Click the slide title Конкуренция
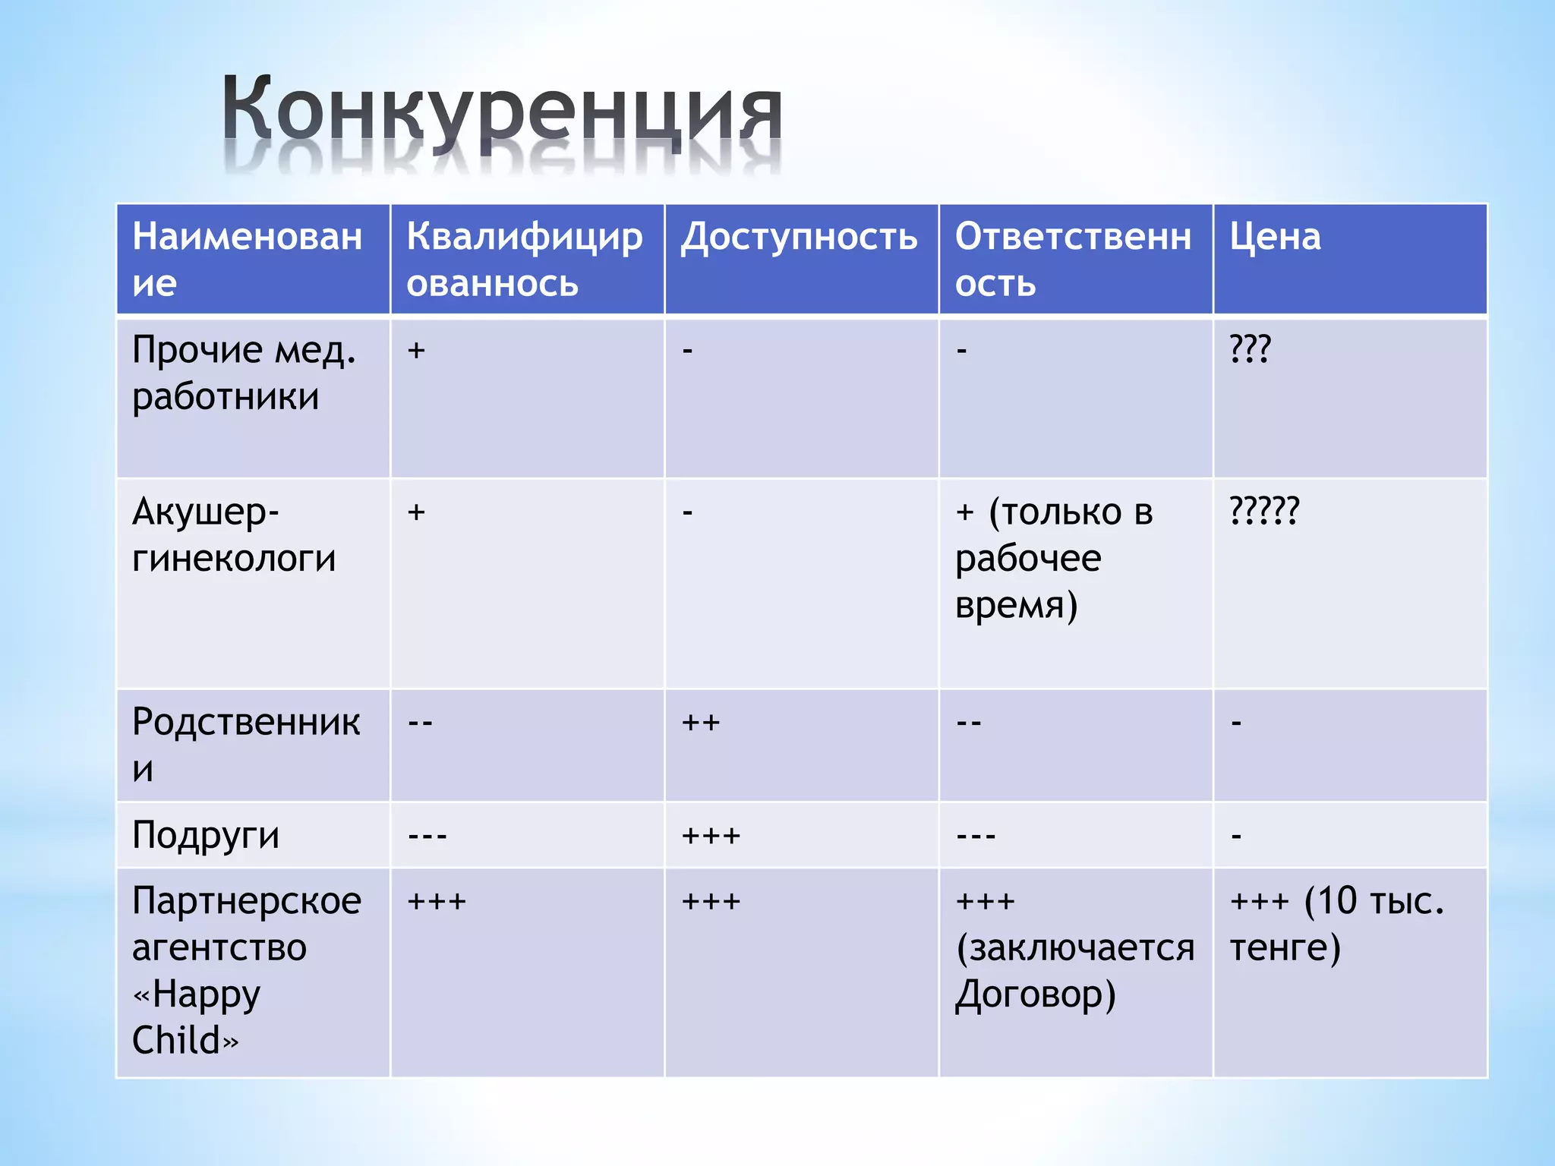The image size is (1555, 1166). [501, 114]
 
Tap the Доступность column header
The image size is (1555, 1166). [799, 237]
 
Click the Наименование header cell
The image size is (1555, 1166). [247, 259]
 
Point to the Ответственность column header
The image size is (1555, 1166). [1073, 259]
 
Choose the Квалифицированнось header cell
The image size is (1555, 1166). [524, 259]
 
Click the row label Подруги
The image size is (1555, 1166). [206, 835]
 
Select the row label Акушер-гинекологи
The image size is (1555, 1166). [233, 535]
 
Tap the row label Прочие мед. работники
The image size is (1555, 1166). [243, 373]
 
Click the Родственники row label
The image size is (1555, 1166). [245, 745]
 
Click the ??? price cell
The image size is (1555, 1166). [1250, 349]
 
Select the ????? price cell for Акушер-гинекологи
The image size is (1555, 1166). [1264, 510]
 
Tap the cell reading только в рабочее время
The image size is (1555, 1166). [1054, 559]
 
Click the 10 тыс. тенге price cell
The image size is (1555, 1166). [1336, 924]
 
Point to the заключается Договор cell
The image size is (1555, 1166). [1073, 947]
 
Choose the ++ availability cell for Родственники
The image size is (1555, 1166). [700, 722]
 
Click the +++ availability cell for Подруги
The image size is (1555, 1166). [711, 836]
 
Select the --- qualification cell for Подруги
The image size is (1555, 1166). [427, 836]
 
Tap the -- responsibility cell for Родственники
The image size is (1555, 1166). [969, 722]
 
